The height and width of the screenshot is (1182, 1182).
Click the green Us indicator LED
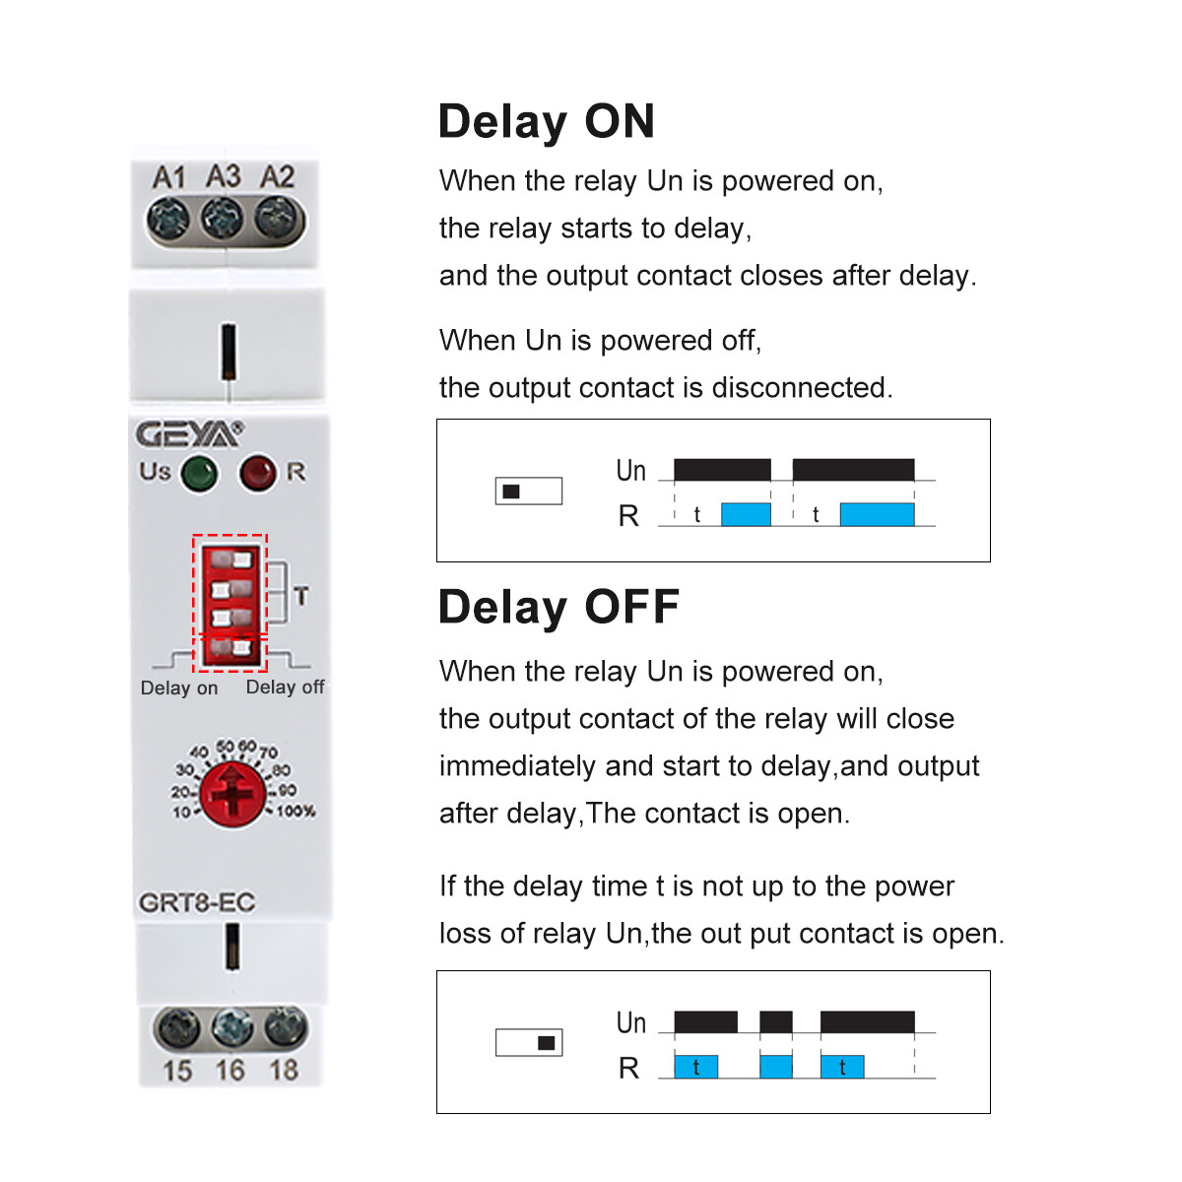pos(199,474)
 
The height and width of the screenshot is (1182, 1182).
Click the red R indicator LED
pos(258,474)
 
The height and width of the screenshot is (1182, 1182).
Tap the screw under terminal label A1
pos(168,219)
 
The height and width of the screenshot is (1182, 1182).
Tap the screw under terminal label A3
pos(223,219)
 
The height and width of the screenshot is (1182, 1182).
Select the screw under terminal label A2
pos(277,218)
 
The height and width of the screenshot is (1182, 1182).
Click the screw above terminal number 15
pos(177,1030)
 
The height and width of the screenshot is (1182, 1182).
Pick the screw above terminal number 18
pos(285,1028)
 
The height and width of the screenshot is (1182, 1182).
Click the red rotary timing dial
pos(232,793)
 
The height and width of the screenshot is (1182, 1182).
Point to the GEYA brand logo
pos(188,434)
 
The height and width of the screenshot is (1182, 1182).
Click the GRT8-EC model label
pos(196,902)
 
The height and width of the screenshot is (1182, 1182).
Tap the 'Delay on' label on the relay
pos(179,689)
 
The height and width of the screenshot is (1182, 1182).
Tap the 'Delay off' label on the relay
pos(285,688)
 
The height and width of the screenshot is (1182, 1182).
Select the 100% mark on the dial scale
pos(295,812)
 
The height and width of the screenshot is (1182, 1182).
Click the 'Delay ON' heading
pos(546,122)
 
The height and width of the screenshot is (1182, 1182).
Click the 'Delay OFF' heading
pos(558,607)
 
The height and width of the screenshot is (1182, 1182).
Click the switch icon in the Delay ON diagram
pos(528,491)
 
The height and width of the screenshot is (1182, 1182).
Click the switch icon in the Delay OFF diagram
pos(528,1042)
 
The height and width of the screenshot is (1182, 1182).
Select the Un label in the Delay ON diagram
pos(630,471)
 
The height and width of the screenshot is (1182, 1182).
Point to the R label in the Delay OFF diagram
pos(628,1068)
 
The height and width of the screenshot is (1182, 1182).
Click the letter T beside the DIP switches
pos(300,596)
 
